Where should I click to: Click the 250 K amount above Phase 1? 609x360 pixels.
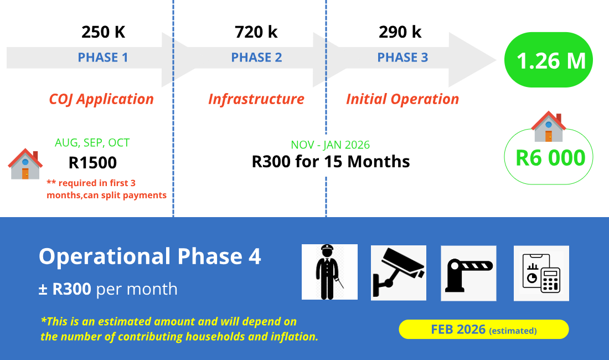coord(104,32)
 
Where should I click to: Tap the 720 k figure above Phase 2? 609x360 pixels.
coord(256,32)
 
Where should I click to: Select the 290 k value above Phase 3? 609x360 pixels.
coord(400,32)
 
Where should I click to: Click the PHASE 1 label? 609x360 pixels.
coord(103,58)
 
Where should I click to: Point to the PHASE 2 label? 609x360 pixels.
coord(256,58)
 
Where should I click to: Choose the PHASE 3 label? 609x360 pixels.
coord(402,58)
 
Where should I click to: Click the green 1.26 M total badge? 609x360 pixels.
coord(549,60)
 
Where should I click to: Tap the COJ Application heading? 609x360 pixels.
coord(101,99)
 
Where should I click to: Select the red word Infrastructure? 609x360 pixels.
coord(256,99)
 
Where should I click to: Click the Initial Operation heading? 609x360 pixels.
coord(402,99)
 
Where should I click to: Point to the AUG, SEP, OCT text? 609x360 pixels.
coord(92,142)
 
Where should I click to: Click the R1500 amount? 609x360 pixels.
coord(92,163)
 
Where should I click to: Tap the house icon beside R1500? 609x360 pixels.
coord(25,164)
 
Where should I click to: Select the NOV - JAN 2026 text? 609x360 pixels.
coord(330,145)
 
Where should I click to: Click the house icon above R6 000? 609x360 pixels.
coord(549,126)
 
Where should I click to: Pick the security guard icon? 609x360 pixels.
coord(330,272)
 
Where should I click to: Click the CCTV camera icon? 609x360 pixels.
coord(399,273)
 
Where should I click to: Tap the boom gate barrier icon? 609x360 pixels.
coord(468,273)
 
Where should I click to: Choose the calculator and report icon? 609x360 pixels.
coord(541,273)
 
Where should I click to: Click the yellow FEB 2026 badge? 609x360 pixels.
coord(484,330)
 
